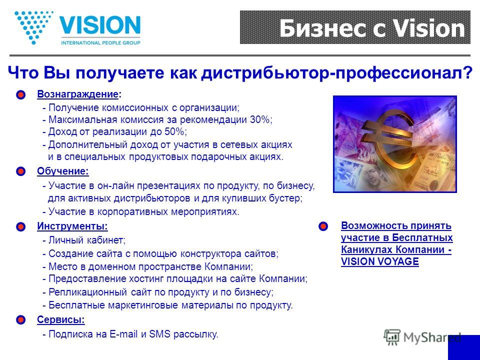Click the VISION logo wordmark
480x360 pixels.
pyautogui.click(x=100, y=25)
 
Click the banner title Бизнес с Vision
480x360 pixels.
pyautogui.click(x=372, y=28)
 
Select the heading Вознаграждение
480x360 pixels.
pyautogui.click(x=77, y=94)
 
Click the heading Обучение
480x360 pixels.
pyautogui.click(x=63, y=171)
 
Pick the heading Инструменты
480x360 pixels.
pyautogui.click(x=72, y=226)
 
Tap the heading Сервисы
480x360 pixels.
pyautogui.click(x=60, y=319)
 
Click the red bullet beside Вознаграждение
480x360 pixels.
pyautogui.click(x=21, y=95)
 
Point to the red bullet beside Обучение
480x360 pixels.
pyautogui.click(x=21, y=171)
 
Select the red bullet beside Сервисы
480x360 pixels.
pyautogui.click(x=21, y=320)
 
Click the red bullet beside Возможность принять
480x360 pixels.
pyautogui.click(x=323, y=226)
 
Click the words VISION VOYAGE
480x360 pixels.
pyautogui.click(x=380, y=261)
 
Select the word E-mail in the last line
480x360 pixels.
pyautogui.click(x=123, y=334)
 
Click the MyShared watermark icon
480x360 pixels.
pyautogui.click(x=392, y=337)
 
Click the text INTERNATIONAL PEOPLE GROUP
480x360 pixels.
pyautogui.click(x=100, y=43)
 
